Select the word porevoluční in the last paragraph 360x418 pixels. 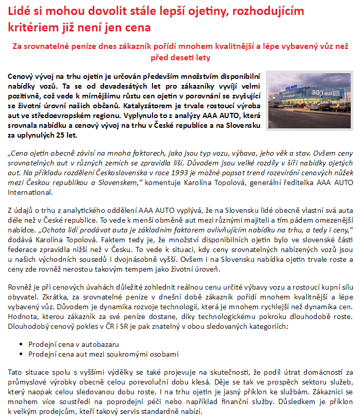click(x=140, y=382)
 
